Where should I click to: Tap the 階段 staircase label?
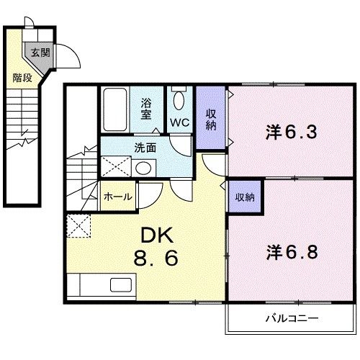click(22, 77)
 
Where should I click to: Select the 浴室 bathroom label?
click(146, 108)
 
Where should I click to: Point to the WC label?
click(179, 122)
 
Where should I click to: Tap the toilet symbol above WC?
click(179, 98)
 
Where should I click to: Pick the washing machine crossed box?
click(115, 168)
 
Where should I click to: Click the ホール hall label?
click(117, 196)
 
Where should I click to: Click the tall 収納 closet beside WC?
click(211, 117)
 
